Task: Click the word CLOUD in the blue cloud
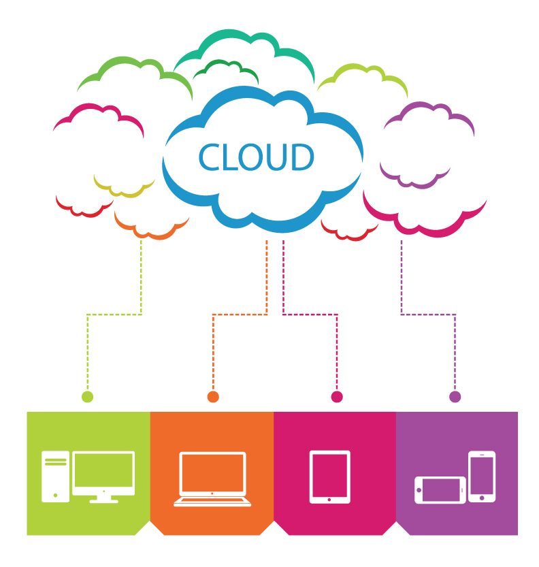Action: click(256, 157)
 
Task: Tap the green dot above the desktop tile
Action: click(88, 396)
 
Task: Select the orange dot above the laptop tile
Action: click(213, 396)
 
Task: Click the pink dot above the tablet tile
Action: click(337, 396)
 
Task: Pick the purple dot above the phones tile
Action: click(455, 396)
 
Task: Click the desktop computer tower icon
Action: click(55, 476)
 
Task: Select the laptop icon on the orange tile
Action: click(212, 479)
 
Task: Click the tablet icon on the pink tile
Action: click(329, 476)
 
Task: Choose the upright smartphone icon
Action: click(482, 476)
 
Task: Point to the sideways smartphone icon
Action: click(440, 490)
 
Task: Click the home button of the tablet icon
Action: click(329, 500)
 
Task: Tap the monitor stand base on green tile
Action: click(103, 501)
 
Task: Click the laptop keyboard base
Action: click(212, 502)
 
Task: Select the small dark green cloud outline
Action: click(226, 71)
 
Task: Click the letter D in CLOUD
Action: click(302, 157)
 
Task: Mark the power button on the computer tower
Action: click(55, 495)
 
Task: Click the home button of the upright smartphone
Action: click(482, 498)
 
